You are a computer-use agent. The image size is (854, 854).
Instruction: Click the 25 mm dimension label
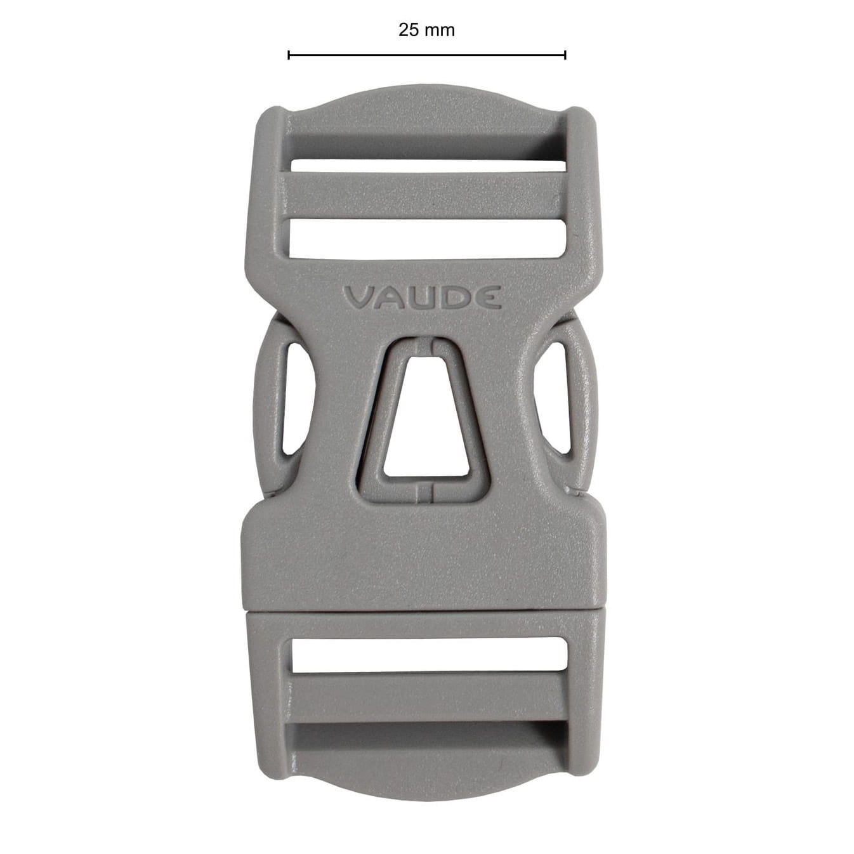click(x=426, y=30)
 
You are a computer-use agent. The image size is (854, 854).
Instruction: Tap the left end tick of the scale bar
click(x=289, y=55)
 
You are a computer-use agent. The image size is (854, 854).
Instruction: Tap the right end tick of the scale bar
click(x=565, y=55)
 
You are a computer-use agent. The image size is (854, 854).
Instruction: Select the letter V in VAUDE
click(x=357, y=298)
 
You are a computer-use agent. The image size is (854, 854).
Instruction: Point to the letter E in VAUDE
click(x=490, y=298)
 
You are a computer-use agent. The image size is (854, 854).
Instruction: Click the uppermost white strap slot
click(x=428, y=166)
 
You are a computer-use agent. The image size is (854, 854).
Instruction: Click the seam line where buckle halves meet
click(x=424, y=611)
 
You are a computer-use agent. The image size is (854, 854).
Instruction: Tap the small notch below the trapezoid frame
click(x=426, y=490)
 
